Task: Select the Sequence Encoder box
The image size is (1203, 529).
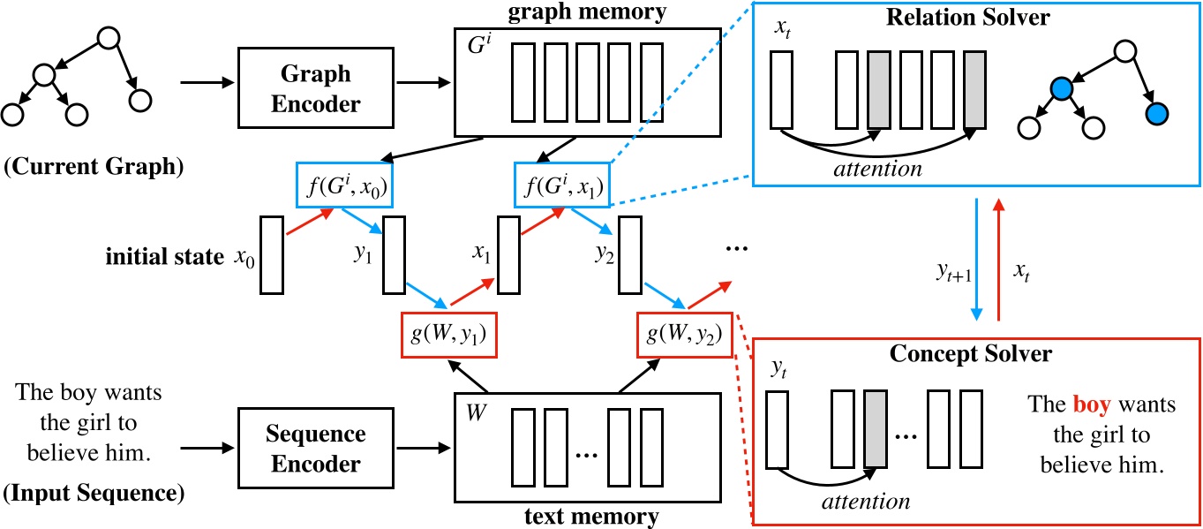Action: coord(316,450)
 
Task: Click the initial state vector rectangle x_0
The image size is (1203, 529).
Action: coord(270,255)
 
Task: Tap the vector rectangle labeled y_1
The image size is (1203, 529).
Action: coord(393,255)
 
